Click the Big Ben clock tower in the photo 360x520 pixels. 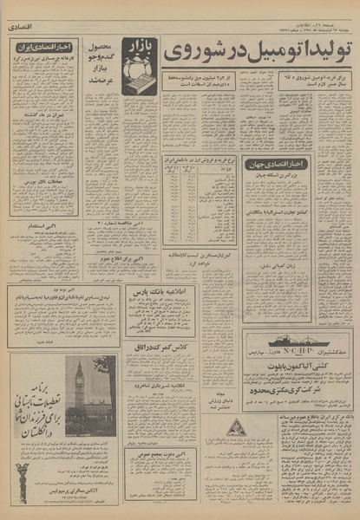(x=80, y=385)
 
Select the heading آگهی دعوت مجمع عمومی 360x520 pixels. (x=160, y=452)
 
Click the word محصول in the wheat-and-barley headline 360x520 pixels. (x=103, y=45)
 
